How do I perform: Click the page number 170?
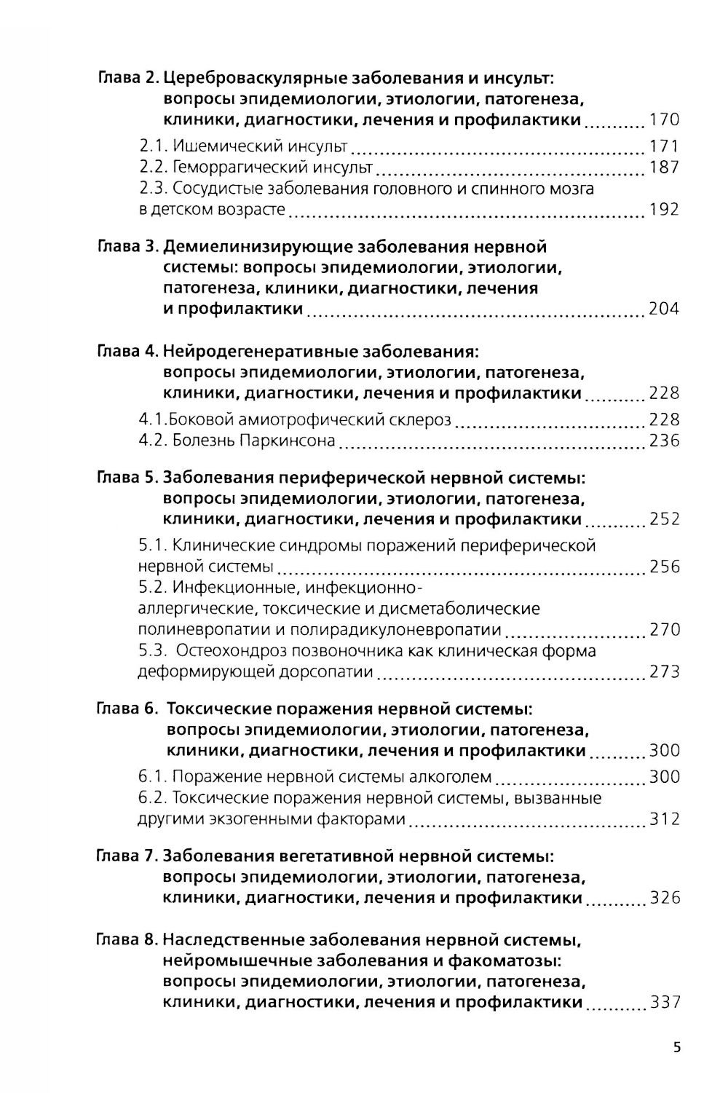[x=663, y=120]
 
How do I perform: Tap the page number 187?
[x=663, y=167]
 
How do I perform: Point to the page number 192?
[x=663, y=210]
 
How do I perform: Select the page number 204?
[x=663, y=309]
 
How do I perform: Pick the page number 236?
[x=663, y=441]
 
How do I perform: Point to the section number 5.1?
[x=154, y=546]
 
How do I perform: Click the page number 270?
[x=664, y=630]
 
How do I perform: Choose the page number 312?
[x=664, y=819]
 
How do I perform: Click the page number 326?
[x=664, y=898]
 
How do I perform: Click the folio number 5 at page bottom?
[x=677, y=1049]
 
